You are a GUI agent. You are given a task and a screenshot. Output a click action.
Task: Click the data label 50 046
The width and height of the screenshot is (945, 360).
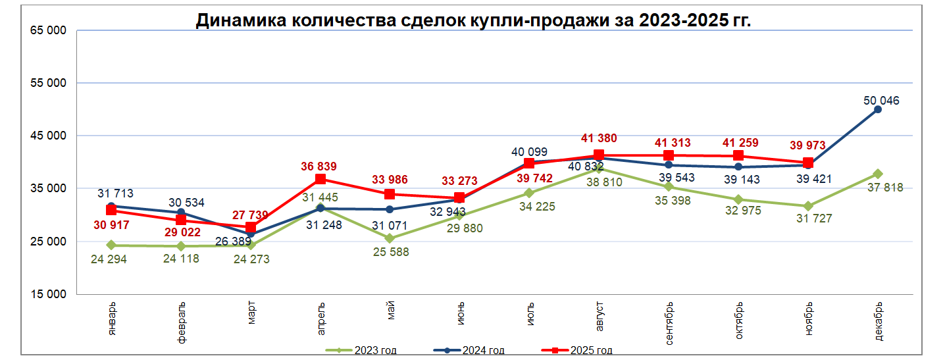[x=881, y=101]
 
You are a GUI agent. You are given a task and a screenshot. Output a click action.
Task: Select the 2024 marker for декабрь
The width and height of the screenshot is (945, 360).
[x=878, y=109]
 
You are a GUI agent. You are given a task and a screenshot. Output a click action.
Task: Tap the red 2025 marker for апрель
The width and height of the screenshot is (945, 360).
[x=320, y=179]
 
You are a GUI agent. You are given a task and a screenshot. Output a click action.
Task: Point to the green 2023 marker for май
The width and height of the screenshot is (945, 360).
[x=390, y=238]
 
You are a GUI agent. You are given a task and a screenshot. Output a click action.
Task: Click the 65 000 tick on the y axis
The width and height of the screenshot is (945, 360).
[x=48, y=30]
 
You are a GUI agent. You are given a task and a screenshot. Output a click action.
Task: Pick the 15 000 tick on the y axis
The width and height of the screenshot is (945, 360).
[x=48, y=294]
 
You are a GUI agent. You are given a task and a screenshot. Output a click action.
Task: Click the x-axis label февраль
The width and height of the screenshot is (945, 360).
[x=181, y=323]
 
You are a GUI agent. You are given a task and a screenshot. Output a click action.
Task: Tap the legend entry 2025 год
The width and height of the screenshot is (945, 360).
[x=591, y=350]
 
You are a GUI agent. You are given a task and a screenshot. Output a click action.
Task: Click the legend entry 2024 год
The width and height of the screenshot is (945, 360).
[x=484, y=350]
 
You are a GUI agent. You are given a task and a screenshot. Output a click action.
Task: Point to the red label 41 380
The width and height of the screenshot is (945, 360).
[x=599, y=139]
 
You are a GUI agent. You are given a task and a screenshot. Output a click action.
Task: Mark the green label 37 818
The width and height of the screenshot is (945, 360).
[x=884, y=188]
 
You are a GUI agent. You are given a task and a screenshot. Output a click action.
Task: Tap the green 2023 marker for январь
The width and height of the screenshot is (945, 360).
[x=111, y=245]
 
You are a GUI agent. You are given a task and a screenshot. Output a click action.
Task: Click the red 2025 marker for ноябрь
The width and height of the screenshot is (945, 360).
[x=808, y=163]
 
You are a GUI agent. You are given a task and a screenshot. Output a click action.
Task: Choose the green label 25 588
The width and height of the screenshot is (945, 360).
[x=390, y=252]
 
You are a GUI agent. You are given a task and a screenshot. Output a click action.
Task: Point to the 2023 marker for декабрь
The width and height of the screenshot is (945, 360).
[x=878, y=174]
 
